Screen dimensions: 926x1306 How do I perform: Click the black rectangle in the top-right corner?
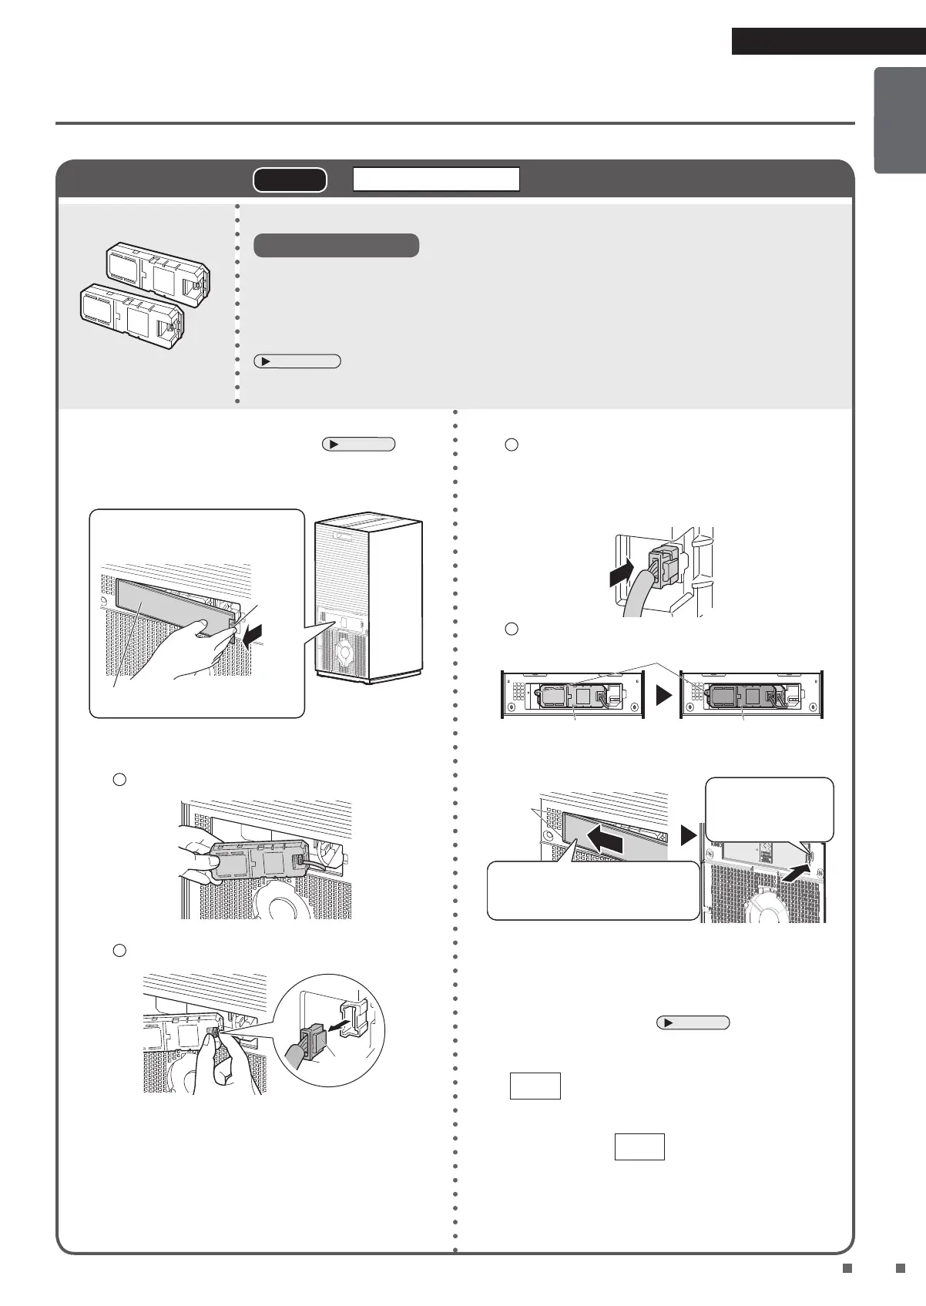click(827, 42)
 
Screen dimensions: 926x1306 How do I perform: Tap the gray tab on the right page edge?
click(899, 121)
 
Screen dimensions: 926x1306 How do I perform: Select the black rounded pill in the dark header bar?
click(290, 180)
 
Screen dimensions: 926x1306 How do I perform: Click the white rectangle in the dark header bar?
click(436, 180)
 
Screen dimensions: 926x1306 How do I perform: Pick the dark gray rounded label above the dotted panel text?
click(336, 246)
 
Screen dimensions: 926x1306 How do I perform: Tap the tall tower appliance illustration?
click(368, 600)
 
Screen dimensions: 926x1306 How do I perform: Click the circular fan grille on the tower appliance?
click(344, 652)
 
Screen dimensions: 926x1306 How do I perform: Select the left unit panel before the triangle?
click(572, 696)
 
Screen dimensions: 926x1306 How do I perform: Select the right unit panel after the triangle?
click(752, 696)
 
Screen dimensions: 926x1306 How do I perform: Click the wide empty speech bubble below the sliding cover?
click(593, 891)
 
